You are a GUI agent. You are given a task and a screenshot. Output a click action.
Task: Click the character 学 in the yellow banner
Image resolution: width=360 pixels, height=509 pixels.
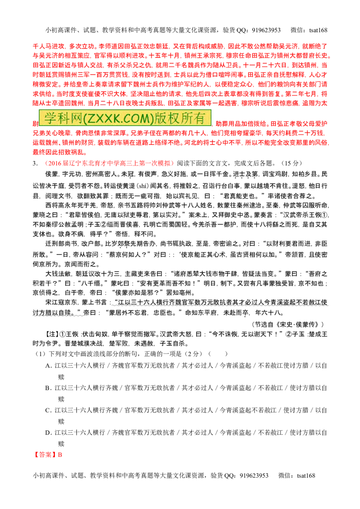(49, 118)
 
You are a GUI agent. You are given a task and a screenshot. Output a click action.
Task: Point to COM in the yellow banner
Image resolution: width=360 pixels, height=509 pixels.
(137, 118)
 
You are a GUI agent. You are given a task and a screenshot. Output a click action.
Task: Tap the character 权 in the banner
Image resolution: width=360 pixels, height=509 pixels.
(175, 118)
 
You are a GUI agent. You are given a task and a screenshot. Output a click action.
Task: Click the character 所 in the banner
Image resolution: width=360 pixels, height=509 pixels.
(189, 118)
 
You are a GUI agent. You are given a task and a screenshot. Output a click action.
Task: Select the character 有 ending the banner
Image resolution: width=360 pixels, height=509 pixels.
(203, 118)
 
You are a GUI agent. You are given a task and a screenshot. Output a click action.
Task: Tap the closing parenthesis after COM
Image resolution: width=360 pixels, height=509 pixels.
(151, 118)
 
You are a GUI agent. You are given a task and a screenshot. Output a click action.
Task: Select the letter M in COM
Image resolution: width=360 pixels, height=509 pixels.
(145, 118)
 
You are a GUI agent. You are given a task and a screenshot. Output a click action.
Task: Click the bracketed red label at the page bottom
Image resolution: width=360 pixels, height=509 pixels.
(48, 455)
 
